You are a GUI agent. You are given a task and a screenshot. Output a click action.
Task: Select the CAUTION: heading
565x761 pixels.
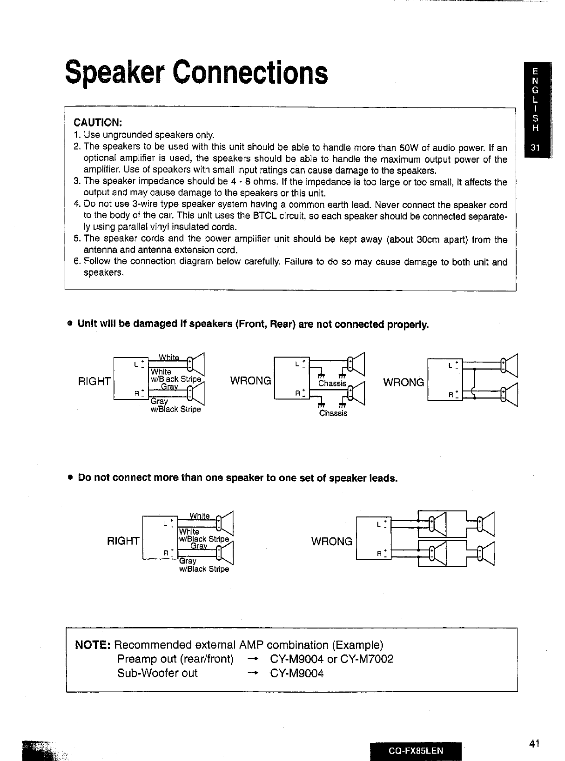click(98, 123)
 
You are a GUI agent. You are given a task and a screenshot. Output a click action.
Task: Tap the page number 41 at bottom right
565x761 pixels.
click(534, 743)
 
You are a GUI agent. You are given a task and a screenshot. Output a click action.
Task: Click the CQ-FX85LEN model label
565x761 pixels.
click(416, 750)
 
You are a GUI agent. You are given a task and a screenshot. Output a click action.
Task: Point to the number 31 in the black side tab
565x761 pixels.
click(535, 149)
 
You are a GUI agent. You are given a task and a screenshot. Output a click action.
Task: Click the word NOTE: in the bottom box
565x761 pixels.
click(93, 645)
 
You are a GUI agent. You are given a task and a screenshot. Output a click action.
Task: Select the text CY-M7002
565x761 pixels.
click(367, 659)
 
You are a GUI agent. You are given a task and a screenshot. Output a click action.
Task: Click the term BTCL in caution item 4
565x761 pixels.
click(264, 216)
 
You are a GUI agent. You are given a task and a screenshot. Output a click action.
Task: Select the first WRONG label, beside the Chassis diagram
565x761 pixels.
click(250, 381)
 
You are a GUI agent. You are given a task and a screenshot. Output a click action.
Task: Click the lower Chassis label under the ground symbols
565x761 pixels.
click(333, 413)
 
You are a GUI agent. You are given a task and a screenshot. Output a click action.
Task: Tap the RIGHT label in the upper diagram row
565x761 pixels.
click(94, 382)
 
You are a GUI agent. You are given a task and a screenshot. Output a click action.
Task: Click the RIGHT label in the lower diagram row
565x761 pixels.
click(123, 541)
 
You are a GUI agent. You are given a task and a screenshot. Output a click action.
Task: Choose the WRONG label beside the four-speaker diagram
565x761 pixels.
click(331, 542)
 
